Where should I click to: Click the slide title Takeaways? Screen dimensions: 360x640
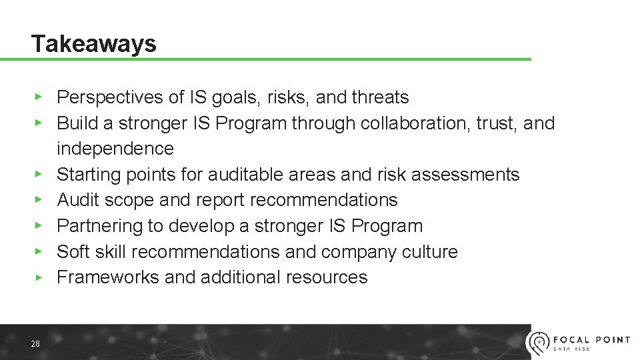[x=94, y=44]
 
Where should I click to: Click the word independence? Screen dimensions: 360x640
[x=115, y=149]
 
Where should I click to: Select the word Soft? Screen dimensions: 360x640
[x=70, y=252]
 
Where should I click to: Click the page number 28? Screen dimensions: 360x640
[x=35, y=343]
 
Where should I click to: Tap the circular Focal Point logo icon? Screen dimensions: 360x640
[x=538, y=343]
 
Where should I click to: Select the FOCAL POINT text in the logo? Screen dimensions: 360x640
[x=591, y=339]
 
